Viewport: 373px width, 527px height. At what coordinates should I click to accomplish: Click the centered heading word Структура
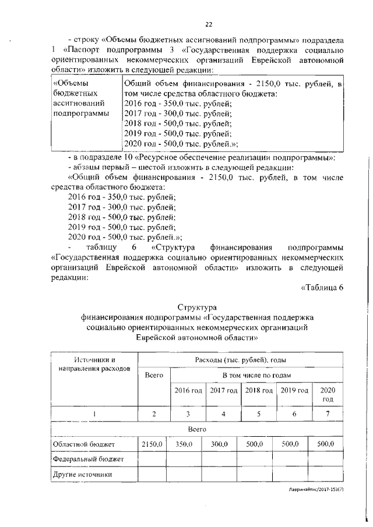tap(196, 306)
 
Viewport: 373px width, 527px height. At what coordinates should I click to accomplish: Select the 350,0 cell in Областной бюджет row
tap(184, 444)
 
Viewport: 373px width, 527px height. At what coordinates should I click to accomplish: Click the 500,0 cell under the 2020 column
tap(325, 444)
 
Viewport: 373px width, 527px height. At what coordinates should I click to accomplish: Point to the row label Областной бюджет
tap(83, 444)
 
